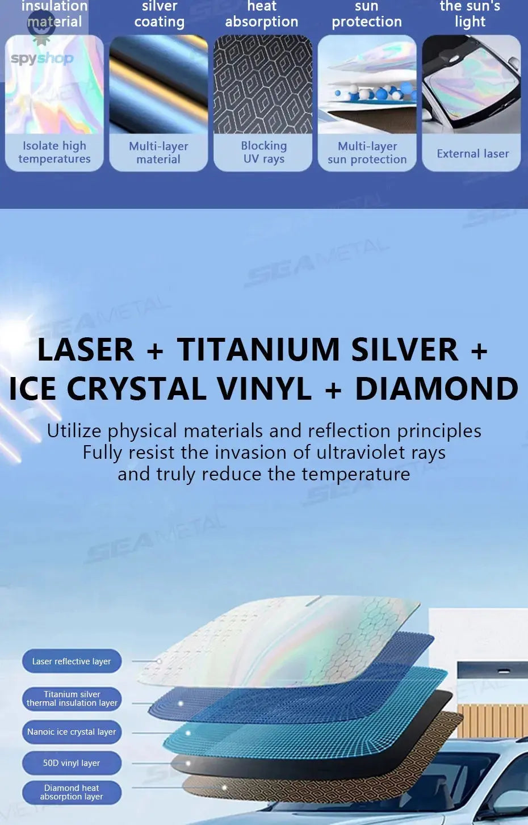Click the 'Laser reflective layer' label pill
click(72, 661)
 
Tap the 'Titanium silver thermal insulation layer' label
click(72, 698)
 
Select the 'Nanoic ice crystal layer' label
click(72, 732)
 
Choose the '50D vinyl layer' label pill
click(72, 763)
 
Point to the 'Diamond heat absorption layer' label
click(72, 792)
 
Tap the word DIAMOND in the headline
click(436, 389)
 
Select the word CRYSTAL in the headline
click(137, 389)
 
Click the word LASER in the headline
click(86, 349)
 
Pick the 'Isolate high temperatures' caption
click(55, 152)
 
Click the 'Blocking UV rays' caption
click(263, 152)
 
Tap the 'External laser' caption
click(472, 153)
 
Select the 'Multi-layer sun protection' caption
click(367, 153)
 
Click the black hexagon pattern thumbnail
click(263, 84)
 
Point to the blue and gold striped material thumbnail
click(158, 84)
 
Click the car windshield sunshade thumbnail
click(471, 84)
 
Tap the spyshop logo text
click(42, 58)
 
